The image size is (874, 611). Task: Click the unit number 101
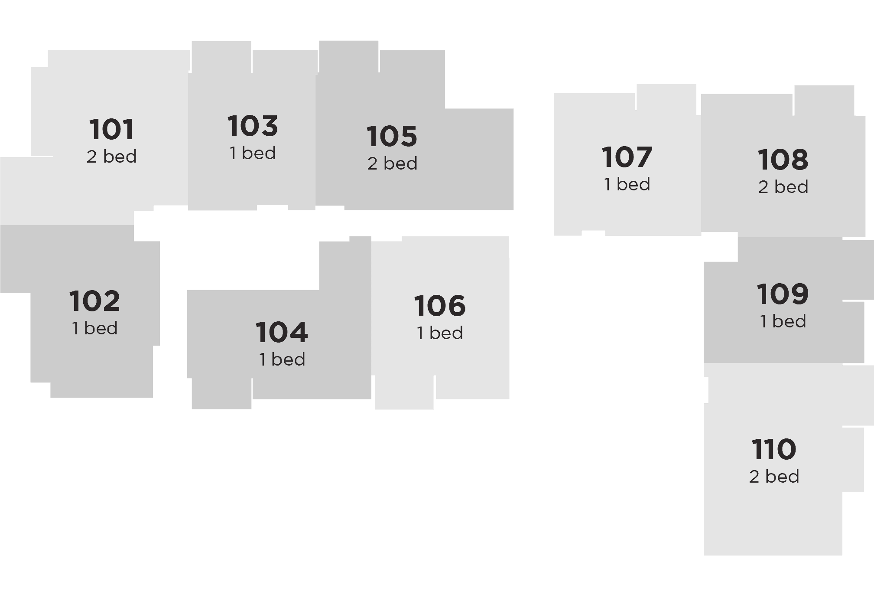tap(111, 129)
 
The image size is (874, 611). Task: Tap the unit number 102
tap(94, 301)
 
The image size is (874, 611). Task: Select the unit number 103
tap(253, 126)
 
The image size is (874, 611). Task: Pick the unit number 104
tap(282, 332)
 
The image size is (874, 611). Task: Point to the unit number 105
tap(392, 136)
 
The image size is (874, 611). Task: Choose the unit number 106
tap(440, 306)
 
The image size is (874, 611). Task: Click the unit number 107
tap(627, 157)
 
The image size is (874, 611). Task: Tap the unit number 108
tap(783, 160)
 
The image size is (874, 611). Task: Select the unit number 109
tap(783, 294)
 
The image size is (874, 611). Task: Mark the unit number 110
tap(774, 449)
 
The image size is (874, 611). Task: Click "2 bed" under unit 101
tap(111, 157)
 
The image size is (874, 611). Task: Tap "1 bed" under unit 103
tap(253, 153)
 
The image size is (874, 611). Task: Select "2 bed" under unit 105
tap(392, 163)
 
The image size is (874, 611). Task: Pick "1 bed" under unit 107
tap(627, 184)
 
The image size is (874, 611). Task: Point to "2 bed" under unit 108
tap(783, 187)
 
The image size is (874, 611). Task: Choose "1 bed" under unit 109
tap(783, 321)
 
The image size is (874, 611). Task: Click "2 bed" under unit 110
tap(774, 477)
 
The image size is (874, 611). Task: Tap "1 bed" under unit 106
tap(440, 333)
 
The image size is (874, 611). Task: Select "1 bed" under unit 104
tap(282, 359)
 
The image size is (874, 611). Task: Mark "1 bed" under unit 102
tap(94, 328)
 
